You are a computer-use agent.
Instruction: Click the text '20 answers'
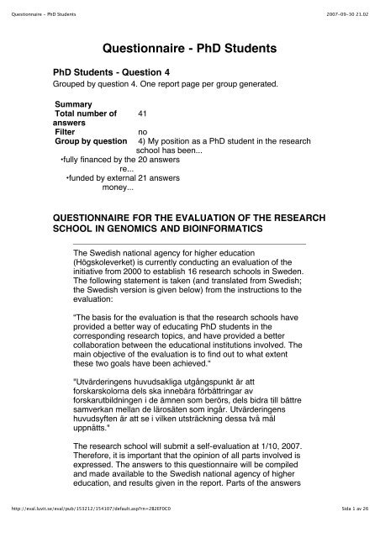coord(156,157)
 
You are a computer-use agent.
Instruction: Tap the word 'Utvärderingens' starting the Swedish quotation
coord(114,382)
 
